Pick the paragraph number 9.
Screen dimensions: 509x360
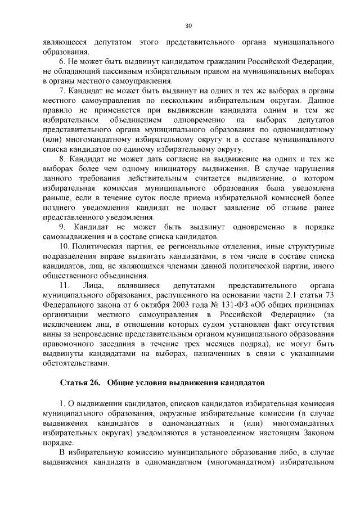pyautogui.click(x=62, y=227)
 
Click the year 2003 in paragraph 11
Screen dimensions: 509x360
pyautogui.click(x=159, y=305)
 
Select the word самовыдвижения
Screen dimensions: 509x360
pyautogui.click(x=74, y=237)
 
